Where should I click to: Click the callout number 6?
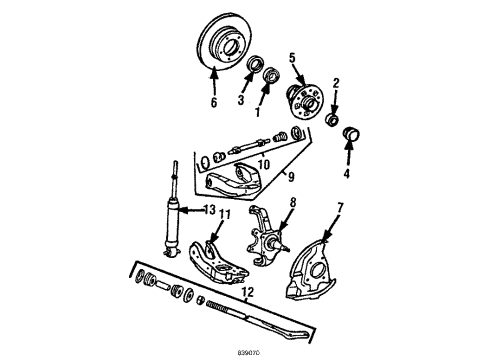tap(213, 102)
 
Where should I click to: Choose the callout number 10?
tap(263, 164)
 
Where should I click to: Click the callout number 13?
tap(209, 237)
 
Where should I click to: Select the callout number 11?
tap(225, 243)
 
